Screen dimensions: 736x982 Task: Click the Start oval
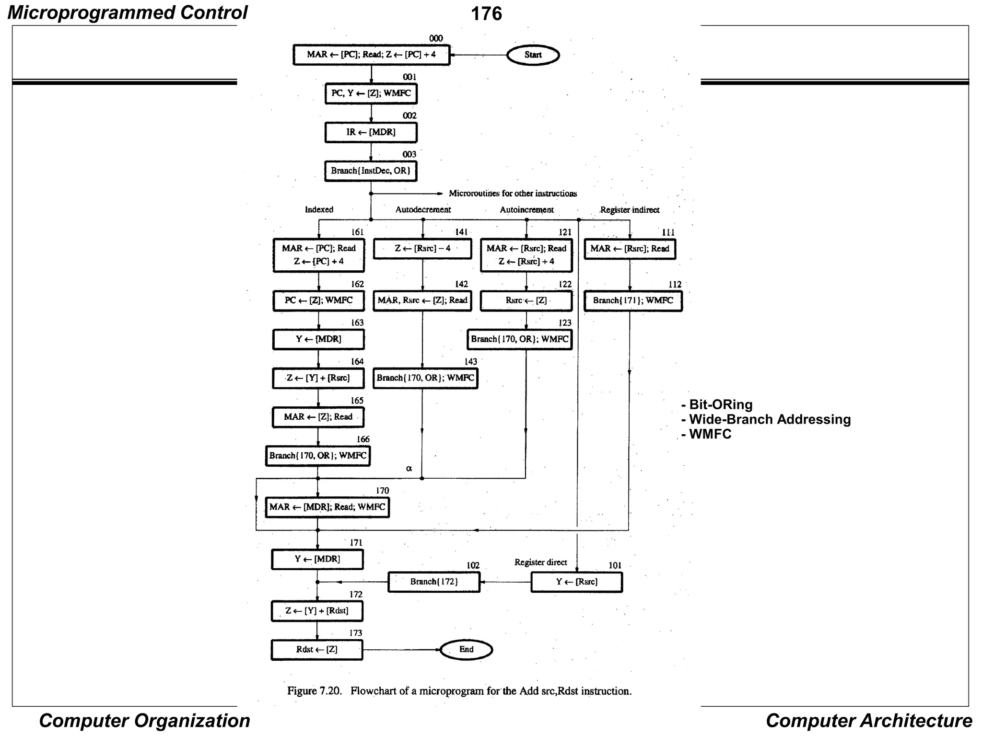(x=533, y=55)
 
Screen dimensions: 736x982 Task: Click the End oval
(x=466, y=650)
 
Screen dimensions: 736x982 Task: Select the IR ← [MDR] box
(x=371, y=132)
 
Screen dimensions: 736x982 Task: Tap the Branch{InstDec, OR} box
(x=371, y=171)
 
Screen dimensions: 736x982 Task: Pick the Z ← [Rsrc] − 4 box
(x=422, y=249)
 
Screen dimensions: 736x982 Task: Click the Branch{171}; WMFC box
(x=633, y=301)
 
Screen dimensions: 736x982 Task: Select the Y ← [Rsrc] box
(x=576, y=582)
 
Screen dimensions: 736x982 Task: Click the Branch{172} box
(x=434, y=582)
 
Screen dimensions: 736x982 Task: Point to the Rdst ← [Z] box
(x=317, y=650)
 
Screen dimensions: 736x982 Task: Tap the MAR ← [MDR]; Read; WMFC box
(x=327, y=507)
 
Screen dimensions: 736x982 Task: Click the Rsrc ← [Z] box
(x=526, y=301)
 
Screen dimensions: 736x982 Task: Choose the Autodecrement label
(x=423, y=210)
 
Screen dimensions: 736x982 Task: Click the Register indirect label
(x=630, y=210)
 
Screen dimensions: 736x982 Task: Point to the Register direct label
(x=540, y=563)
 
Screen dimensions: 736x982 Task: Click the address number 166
(x=363, y=439)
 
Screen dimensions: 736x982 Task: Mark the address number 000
(x=436, y=38)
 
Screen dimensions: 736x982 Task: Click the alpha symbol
(x=409, y=469)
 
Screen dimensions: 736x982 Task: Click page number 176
(x=486, y=13)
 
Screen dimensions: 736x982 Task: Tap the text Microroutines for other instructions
(x=513, y=194)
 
